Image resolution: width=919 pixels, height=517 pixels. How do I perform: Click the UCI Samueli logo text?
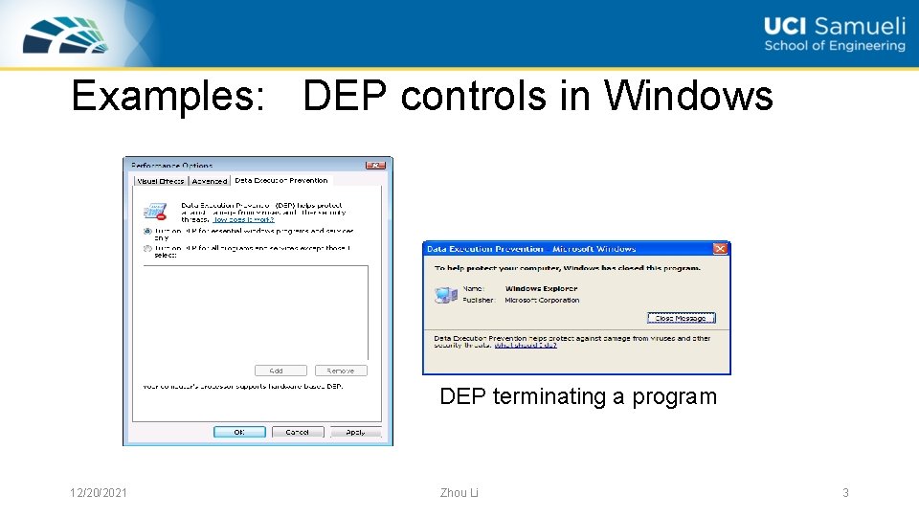[834, 34]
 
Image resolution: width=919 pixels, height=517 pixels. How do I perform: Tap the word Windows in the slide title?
[688, 97]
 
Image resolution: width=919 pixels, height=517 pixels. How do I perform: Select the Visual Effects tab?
[160, 181]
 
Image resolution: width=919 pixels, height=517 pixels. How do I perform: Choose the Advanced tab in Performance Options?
[210, 181]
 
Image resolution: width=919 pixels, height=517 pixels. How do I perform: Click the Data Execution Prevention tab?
[280, 180]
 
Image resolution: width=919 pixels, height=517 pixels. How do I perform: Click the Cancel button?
[298, 432]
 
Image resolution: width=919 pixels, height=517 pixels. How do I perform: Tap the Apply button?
[355, 432]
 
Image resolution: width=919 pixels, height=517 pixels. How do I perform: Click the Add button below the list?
[280, 371]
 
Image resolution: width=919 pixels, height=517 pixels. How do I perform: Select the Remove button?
[340, 371]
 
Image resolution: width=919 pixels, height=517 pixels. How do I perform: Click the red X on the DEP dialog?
[721, 248]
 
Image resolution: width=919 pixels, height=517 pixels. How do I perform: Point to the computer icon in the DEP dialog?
[445, 295]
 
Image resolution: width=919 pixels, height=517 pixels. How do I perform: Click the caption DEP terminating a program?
[577, 396]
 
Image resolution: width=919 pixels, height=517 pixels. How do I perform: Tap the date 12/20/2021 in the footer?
[99, 493]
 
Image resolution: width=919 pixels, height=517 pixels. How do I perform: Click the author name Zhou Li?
[459, 493]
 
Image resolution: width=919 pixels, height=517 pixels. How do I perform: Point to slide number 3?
[845, 493]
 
